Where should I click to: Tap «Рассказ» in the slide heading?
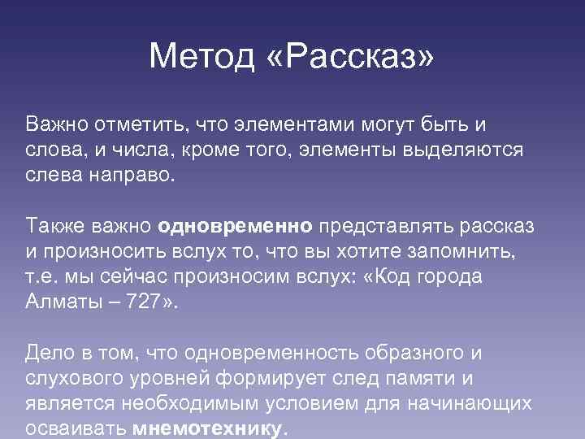point(349,56)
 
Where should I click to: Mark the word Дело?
point(48,352)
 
